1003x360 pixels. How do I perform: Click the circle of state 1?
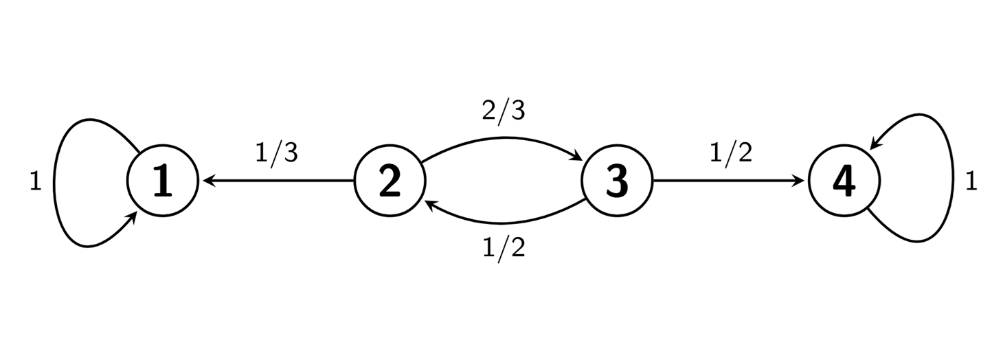(163, 181)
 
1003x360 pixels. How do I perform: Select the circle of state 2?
(390, 181)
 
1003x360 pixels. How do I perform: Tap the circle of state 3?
(617, 181)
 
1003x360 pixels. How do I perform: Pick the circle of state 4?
(844, 181)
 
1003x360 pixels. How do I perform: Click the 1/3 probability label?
(276, 153)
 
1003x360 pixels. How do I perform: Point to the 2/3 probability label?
(504, 110)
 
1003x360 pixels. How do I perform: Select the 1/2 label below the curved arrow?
(504, 247)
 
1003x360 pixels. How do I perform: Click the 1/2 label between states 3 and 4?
(731, 153)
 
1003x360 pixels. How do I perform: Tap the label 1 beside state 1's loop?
(36, 182)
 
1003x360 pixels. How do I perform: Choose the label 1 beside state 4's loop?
(971, 182)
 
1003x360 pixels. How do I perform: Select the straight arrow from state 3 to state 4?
(728, 181)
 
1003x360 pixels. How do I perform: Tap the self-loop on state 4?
(951, 182)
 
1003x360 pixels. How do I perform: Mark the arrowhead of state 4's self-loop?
(874, 144)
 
